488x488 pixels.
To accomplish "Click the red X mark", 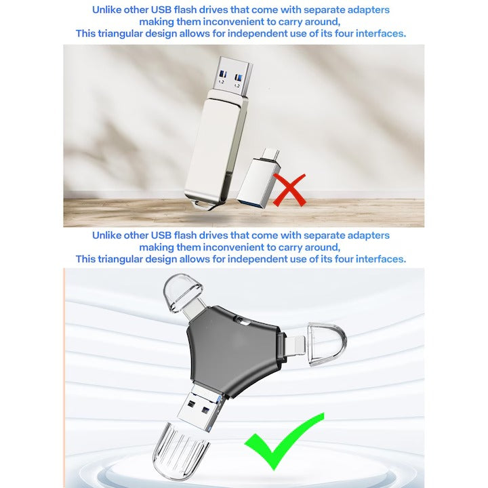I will point(289,190).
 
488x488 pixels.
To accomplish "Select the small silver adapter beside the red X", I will point(260,182).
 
